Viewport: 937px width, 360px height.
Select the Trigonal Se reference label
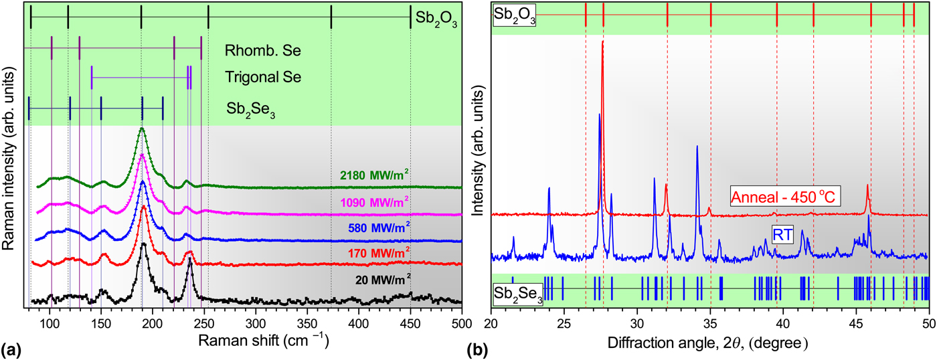click(x=263, y=77)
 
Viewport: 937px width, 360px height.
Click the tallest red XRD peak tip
click(x=603, y=42)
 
